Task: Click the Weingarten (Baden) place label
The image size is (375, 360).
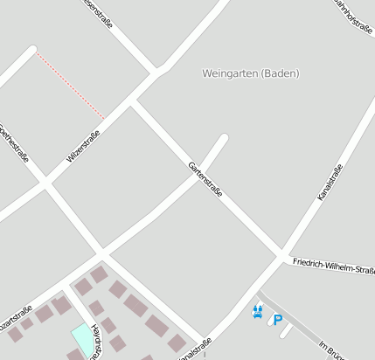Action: pyautogui.click(x=250, y=73)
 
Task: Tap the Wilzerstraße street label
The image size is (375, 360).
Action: pyautogui.click(x=83, y=147)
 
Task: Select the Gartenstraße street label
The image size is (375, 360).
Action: pyautogui.click(x=205, y=179)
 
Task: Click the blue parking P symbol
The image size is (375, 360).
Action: pyautogui.click(x=278, y=320)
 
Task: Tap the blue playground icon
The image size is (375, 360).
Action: pyautogui.click(x=258, y=311)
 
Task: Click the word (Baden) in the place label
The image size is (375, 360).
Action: pyautogui.click(x=280, y=73)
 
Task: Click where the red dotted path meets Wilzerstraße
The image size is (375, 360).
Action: pyautogui.click(x=105, y=119)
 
